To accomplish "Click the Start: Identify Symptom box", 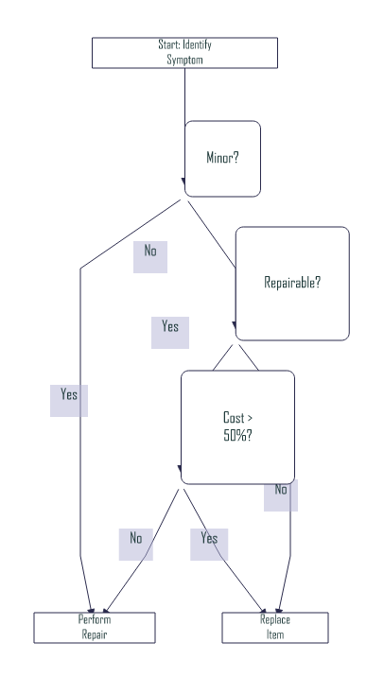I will (x=184, y=53).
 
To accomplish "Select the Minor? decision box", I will (x=222, y=158).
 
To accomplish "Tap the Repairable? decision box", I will (x=291, y=283).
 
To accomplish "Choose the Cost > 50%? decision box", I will (x=236, y=426).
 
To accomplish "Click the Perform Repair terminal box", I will (x=95, y=628).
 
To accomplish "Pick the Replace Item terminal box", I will (x=274, y=628).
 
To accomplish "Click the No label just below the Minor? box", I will (x=150, y=252).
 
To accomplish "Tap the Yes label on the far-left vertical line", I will (x=69, y=395).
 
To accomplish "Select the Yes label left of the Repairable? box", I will (x=170, y=327).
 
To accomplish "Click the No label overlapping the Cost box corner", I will (x=281, y=491).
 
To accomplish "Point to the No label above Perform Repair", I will (x=135, y=539).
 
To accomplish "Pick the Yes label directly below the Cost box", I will (x=209, y=539).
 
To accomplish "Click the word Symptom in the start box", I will (x=184, y=60).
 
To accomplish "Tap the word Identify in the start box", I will (x=195, y=45).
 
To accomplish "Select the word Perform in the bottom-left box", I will (x=95, y=620).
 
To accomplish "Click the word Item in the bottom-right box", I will (x=274, y=635).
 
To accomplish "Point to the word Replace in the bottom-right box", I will (x=274, y=620).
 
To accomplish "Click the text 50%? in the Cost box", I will (x=236, y=436).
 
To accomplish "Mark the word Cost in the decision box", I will (x=232, y=417).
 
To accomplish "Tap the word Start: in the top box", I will (x=169, y=45).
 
